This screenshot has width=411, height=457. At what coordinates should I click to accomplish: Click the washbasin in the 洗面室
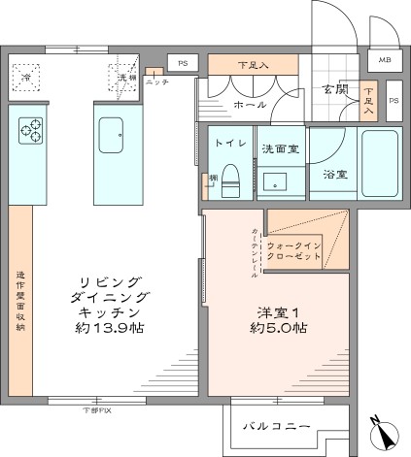click(x=279, y=180)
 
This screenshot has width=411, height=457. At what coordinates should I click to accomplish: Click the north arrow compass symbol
click(x=380, y=434)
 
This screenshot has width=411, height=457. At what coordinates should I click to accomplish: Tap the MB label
click(x=386, y=61)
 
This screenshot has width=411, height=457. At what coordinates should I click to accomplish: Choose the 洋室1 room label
click(x=277, y=312)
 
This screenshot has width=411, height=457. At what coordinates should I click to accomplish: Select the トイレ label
click(x=230, y=143)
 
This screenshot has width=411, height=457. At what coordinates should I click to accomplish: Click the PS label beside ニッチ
click(x=184, y=62)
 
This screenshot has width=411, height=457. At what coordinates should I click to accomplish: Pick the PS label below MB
click(x=394, y=100)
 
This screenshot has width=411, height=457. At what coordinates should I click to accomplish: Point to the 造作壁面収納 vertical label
click(x=18, y=301)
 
